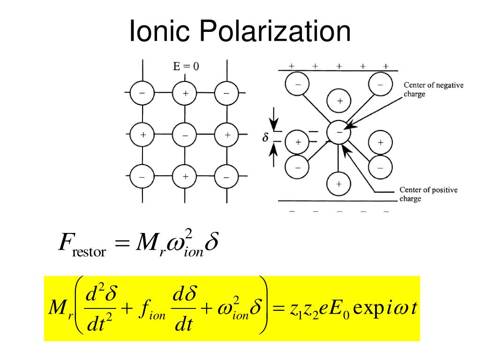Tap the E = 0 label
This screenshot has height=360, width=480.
pyautogui.click(x=186, y=67)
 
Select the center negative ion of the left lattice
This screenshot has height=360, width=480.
pyautogui.click(x=185, y=135)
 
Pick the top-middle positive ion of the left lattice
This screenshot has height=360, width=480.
pyautogui.click(x=185, y=93)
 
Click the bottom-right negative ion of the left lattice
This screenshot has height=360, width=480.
pyautogui.click(x=226, y=178)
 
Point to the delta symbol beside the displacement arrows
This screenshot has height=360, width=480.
pyautogui.click(x=265, y=138)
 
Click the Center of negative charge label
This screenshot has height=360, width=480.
pyautogui.click(x=433, y=90)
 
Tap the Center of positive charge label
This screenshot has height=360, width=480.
pyautogui.click(x=428, y=194)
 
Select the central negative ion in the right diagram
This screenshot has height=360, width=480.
pyautogui.click(x=338, y=132)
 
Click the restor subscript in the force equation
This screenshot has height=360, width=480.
pyautogui.click(x=90, y=253)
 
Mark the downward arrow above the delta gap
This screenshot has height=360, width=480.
pyautogui.click(x=276, y=124)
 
